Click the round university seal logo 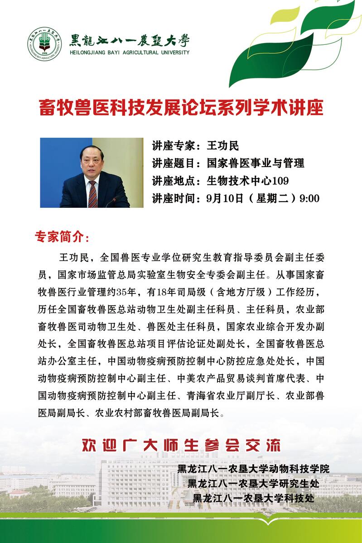pos(44,44)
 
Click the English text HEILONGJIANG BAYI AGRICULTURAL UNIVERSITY pos(129,53)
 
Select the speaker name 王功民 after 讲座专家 pos(222,146)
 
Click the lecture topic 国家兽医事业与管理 pos(255,163)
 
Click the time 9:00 pos(310,198)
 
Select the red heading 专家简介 pos(62,237)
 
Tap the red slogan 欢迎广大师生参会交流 pos(181,445)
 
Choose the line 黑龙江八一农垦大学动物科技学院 pos(253,469)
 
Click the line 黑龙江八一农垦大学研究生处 pos(253,483)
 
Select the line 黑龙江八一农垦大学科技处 pos(253,498)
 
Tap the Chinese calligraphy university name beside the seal pos(129,40)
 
